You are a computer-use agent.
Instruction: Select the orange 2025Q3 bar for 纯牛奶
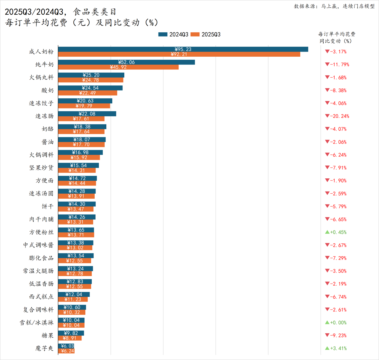[x=150, y=67]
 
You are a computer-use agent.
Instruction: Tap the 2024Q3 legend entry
[x=173, y=34]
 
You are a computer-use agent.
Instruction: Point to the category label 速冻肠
[x=44, y=116]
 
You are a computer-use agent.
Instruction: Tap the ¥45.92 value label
[x=118, y=67]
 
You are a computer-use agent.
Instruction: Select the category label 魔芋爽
[x=44, y=348]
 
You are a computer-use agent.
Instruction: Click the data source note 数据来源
[x=334, y=6]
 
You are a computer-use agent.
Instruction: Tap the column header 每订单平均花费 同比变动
[x=336, y=37]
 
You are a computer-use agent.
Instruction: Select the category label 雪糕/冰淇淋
[x=37, y=323]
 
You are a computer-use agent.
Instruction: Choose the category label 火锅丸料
[x=41, y=77]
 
